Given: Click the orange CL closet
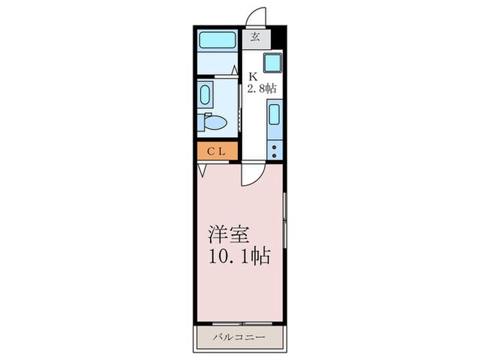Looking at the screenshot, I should (x=217, y=150).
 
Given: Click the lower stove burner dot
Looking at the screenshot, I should (x=274, y=154).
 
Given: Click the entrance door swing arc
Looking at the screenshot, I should (x=256, y=15).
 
